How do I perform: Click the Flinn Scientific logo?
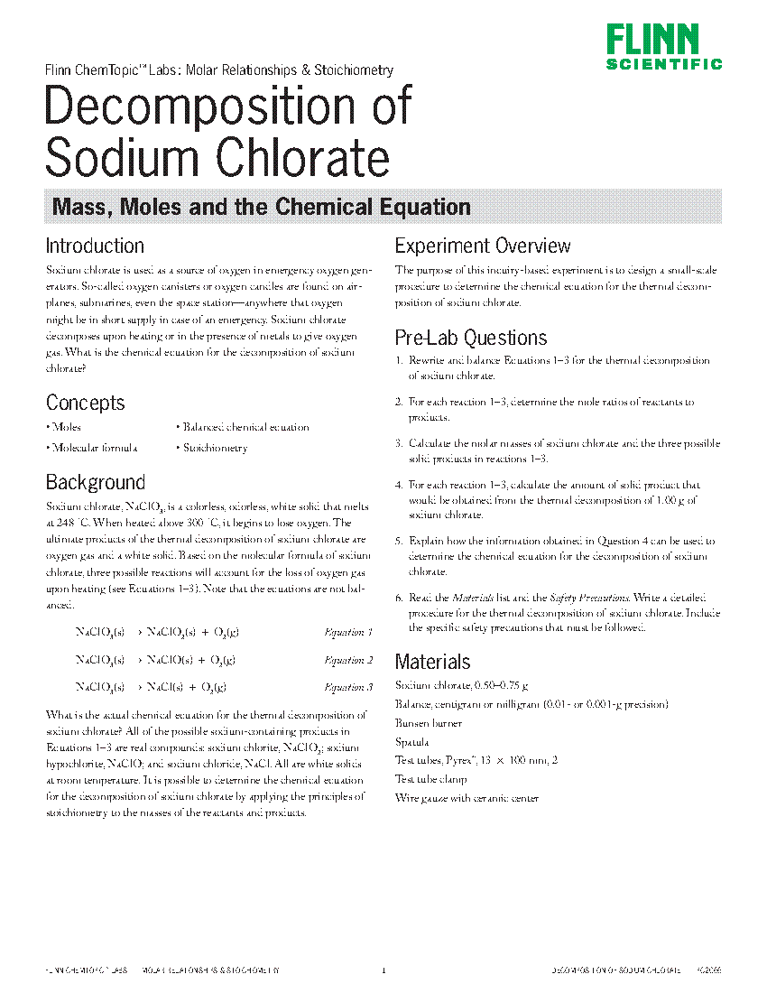coord(663,47)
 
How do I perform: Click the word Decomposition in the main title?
coord(228,107)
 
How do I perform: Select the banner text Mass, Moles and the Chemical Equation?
coord(262,207)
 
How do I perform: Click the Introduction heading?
coord(95,246)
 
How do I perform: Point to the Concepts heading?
coord(85,403)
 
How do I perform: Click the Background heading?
coord(95,482)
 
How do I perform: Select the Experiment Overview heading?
coord(483,246)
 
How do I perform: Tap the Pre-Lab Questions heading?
coord(471,338)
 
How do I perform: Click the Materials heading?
coord(432,662)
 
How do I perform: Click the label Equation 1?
coord(348,633)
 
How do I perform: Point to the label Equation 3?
coord(348,687)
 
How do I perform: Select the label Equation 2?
coord(348,660)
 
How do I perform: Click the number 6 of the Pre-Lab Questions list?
coord(398,598)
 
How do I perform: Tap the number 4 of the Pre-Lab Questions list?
coord(398,485)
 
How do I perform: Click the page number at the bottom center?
coord(383,971)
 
